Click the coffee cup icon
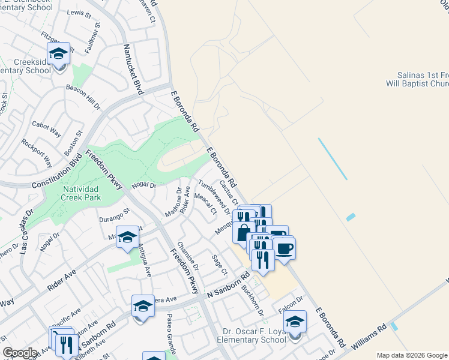[x=285, y=247]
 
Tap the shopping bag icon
[x=243, y=233]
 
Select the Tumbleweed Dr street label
[x=214, y=196]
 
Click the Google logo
[x=20, y=353]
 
